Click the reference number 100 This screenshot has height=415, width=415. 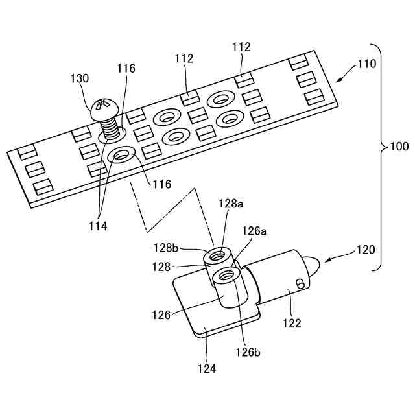tap(399, 147)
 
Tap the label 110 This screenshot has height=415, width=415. tap(366, 65)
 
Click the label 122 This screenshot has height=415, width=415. tap(292, 322)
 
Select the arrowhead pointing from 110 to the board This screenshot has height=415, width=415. tap(342, 78)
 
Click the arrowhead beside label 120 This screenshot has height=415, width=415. tap(327, 261)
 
